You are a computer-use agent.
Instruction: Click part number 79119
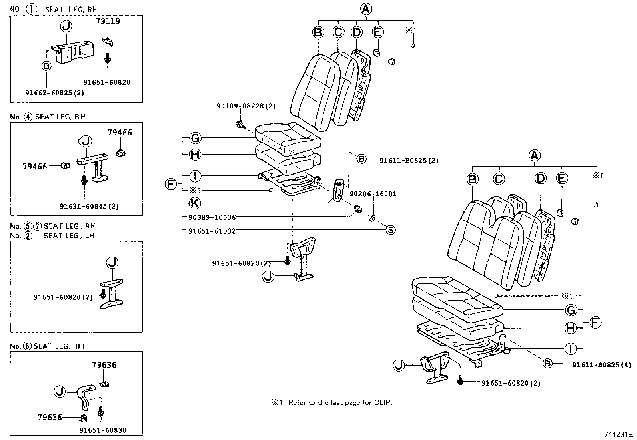[108, 21]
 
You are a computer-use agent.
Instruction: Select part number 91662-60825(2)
[54, 92]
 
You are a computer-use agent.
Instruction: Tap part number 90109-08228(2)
[246, 106]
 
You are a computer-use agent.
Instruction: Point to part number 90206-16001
[373, 194]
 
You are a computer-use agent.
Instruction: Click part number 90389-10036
[212, 217]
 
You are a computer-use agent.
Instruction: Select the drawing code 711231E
[619, 434]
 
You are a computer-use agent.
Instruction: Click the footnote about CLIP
[332, 402]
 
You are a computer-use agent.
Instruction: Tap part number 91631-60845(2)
[89, 207]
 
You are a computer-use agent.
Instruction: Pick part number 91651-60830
[103, 430]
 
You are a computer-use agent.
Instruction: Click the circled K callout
[195, 203]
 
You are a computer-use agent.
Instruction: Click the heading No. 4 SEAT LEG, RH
[48, 117]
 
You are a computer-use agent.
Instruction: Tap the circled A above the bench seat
[535, 155]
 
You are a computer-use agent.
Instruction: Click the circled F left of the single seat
[171, 184]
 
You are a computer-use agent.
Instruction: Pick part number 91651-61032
[212, 231]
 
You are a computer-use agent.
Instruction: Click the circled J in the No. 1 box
[66, 26]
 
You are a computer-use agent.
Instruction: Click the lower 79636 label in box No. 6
[50, 417]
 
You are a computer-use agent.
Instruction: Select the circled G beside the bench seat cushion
[571, 310]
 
